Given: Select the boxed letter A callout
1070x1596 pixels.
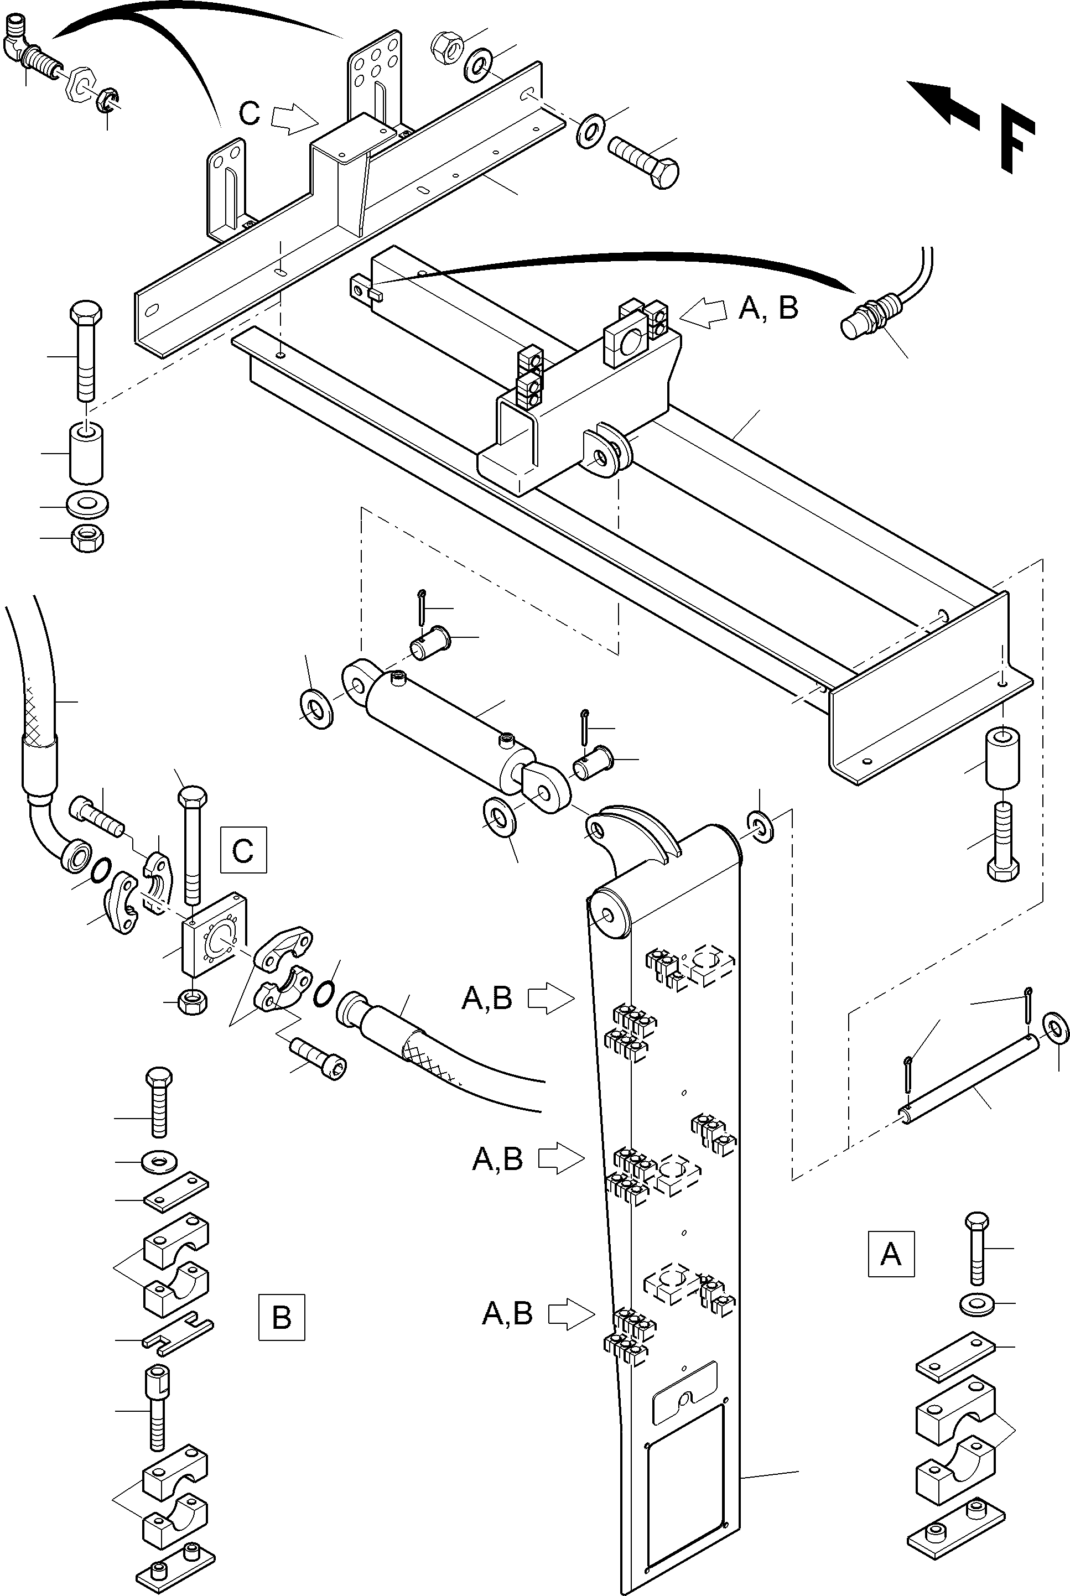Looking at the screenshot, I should pos(891,1254).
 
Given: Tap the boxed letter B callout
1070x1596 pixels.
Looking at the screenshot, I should pos(281,1317).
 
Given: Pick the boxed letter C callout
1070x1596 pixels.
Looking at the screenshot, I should pos(243,850).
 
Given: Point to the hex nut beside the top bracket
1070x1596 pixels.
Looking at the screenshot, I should pos(447,48).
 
